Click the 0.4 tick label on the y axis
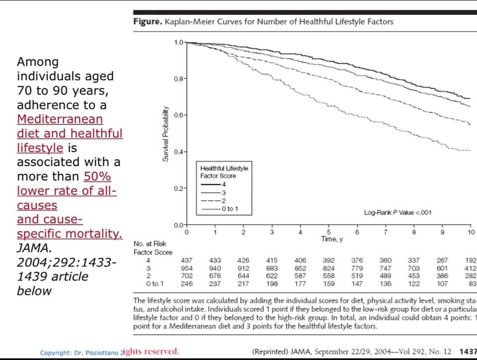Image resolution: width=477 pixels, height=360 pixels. pos(179,152)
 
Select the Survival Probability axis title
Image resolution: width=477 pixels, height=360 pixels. pos(165,134)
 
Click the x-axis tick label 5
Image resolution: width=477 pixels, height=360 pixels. pos(328,232)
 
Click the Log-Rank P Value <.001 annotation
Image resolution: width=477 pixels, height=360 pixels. pos(397,212)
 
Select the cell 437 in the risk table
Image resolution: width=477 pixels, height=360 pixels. pos(186,260)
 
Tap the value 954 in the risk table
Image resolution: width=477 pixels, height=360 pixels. pos(186,268)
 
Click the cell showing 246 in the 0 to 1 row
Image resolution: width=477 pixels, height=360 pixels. pos(186,284)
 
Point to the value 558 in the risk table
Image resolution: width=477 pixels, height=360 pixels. pos(328,276)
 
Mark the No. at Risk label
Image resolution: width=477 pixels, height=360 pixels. pos(150,244)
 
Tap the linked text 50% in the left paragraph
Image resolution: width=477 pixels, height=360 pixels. pos(97,177)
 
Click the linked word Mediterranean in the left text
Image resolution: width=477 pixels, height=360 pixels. pos(60,119)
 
